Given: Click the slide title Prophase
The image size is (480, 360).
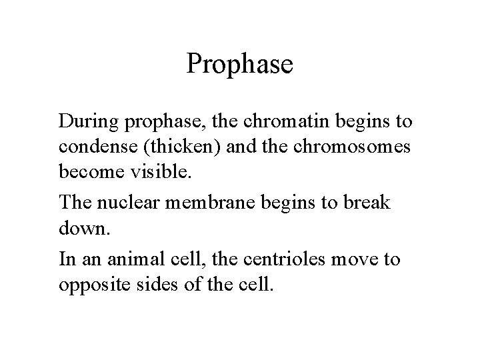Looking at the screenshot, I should coord(239,65).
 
